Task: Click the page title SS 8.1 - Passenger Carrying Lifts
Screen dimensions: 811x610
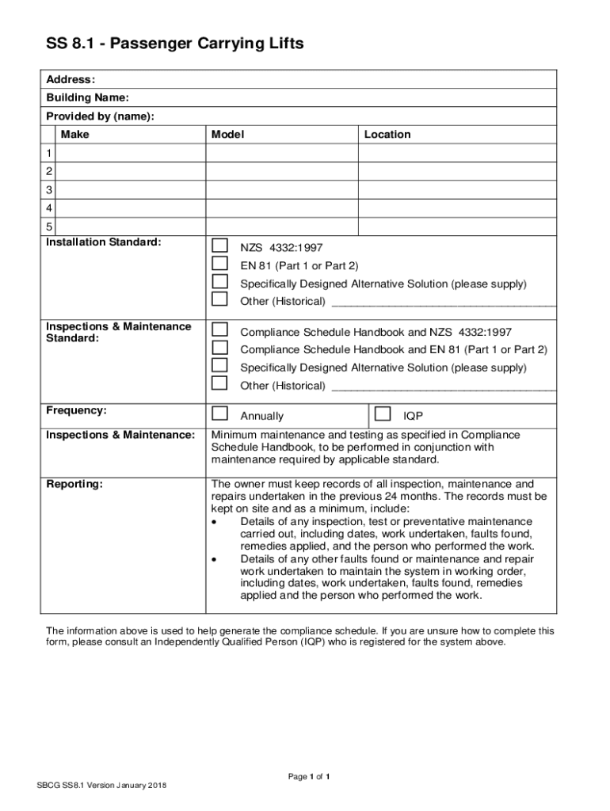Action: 174,45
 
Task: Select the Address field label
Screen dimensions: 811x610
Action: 71,80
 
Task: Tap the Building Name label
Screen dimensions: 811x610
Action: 87,98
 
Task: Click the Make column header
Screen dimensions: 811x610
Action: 75,135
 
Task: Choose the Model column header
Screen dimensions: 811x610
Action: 227,135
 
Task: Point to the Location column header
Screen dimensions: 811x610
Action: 387,135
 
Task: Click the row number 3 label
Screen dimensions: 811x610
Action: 49,190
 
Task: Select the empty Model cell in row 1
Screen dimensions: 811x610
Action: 282,153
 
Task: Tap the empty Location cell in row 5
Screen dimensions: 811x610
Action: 457,227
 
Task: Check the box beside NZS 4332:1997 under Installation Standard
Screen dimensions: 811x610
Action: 219,246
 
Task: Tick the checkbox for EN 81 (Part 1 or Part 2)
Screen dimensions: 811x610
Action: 219,264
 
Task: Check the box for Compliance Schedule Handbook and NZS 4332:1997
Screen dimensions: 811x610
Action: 219,329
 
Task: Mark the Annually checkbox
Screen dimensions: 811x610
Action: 219,413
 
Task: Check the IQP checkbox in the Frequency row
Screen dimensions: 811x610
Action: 383,413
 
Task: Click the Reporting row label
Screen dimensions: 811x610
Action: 74,485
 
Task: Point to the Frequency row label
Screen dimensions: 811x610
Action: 76,411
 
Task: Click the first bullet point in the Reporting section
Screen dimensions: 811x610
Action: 215,522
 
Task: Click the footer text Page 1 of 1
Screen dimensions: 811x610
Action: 309,776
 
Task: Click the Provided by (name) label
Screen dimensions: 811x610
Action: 100,116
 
